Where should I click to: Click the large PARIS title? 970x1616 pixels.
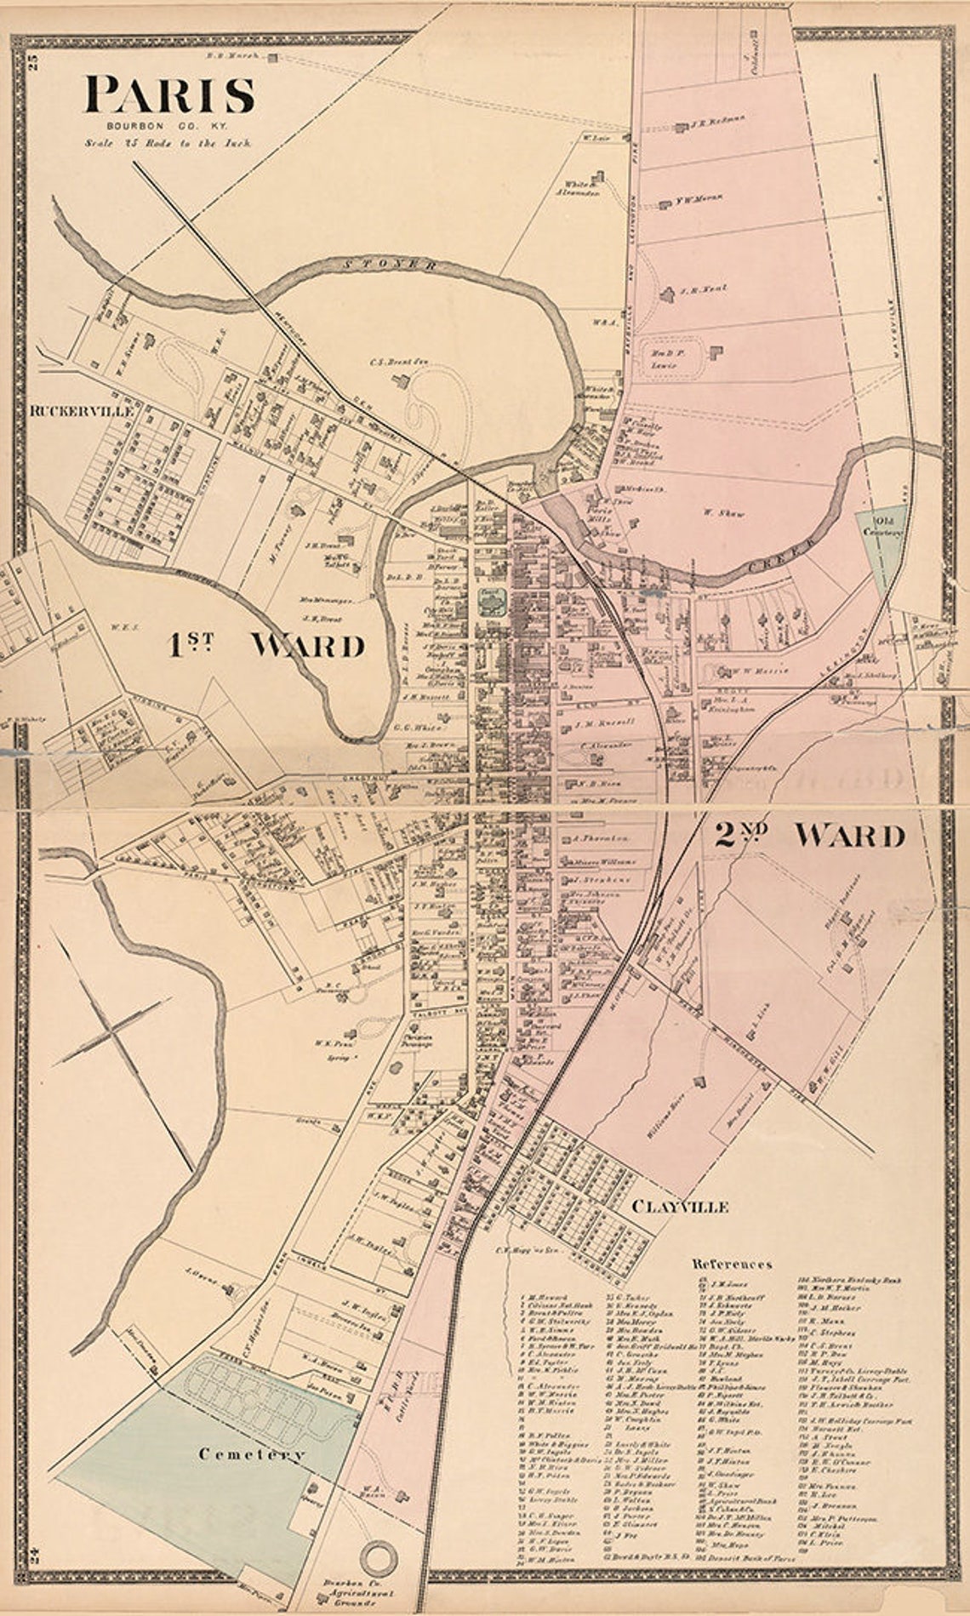[169, 95]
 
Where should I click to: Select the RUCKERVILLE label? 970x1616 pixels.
[82, 410]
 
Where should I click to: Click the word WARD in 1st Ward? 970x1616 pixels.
[307, 646]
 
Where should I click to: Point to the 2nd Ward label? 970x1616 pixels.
[807, 836]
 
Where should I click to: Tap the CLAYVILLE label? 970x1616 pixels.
[680, 1207]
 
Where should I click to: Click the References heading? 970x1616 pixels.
[732, 1264]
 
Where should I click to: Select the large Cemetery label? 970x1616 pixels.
[251, 1454]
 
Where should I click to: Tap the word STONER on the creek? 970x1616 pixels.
[393, 265]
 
